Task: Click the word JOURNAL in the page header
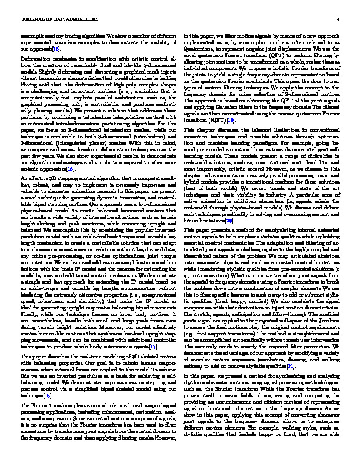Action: pyautogui.click(x=31, y=20)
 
